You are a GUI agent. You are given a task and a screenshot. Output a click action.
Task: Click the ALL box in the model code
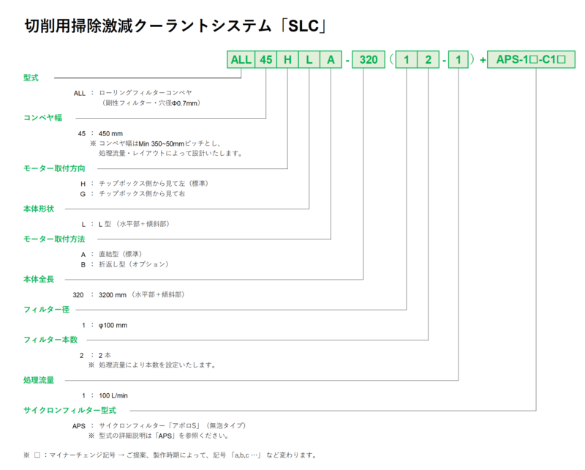pos(241,60)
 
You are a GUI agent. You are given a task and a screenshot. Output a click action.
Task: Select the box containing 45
pos(265,60)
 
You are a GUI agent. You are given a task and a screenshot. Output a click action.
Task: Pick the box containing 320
pos(369,60)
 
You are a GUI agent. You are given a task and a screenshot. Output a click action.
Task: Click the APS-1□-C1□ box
pos(536,60)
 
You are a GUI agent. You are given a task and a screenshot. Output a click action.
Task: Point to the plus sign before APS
pos(483,60)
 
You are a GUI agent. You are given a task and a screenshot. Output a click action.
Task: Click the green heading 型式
pos(31,77)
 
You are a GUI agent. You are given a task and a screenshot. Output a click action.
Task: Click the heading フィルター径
pos(48,310)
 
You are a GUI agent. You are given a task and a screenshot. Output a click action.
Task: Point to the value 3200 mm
pos(113,294)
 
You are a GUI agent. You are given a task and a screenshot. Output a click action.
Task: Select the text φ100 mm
pos(113,324)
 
